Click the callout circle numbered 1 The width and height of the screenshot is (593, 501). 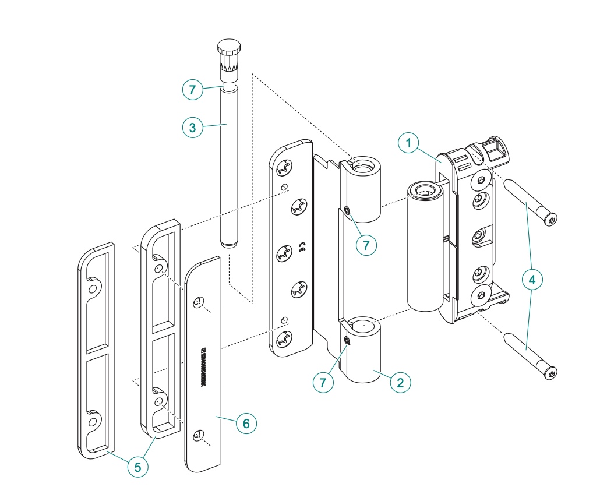pos(409,143)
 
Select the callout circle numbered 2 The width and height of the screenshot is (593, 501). pos(400,383)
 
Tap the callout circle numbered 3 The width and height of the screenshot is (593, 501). pos(193,128)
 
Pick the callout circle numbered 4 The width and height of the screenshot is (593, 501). pos(531,280)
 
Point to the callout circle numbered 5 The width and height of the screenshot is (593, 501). pos(138,467)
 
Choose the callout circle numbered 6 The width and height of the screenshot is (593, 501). pos(246,424)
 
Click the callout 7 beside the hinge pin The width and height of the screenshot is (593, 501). pos(193,90)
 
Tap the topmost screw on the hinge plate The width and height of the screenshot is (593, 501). pos(283,168)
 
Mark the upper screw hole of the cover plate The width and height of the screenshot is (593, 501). pos(198,302)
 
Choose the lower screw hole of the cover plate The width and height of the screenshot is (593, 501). pos(199,435)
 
